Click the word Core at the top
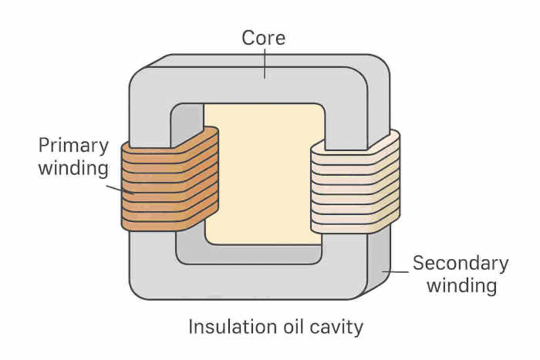265,37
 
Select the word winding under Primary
73,167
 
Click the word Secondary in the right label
461,263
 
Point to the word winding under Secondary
461,286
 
